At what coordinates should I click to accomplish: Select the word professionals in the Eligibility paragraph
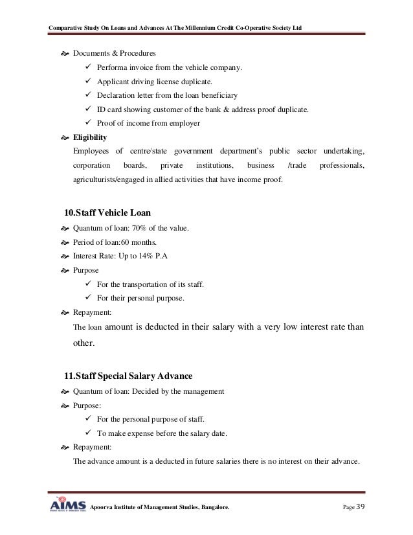(x=342, y=165)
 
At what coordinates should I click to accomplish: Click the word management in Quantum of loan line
(x=200, y=392)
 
